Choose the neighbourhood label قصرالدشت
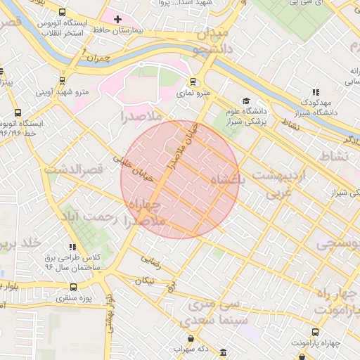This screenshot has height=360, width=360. (74, 169)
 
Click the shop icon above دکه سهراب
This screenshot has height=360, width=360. (223, 352)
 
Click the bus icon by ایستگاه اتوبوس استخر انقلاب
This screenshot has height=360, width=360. (63, 13)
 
